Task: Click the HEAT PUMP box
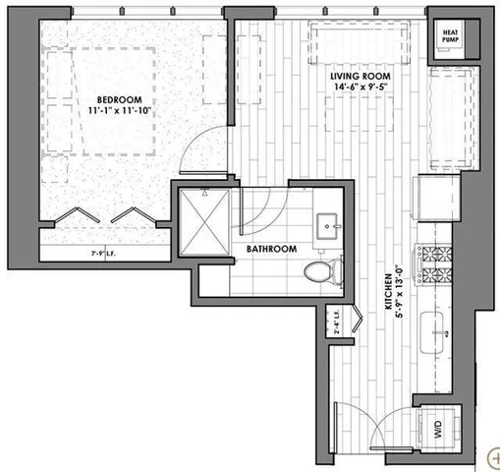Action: click(x=450, y=37)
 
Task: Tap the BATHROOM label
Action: click(x=271, y=250)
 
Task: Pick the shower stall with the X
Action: click(x=207, y=224)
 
